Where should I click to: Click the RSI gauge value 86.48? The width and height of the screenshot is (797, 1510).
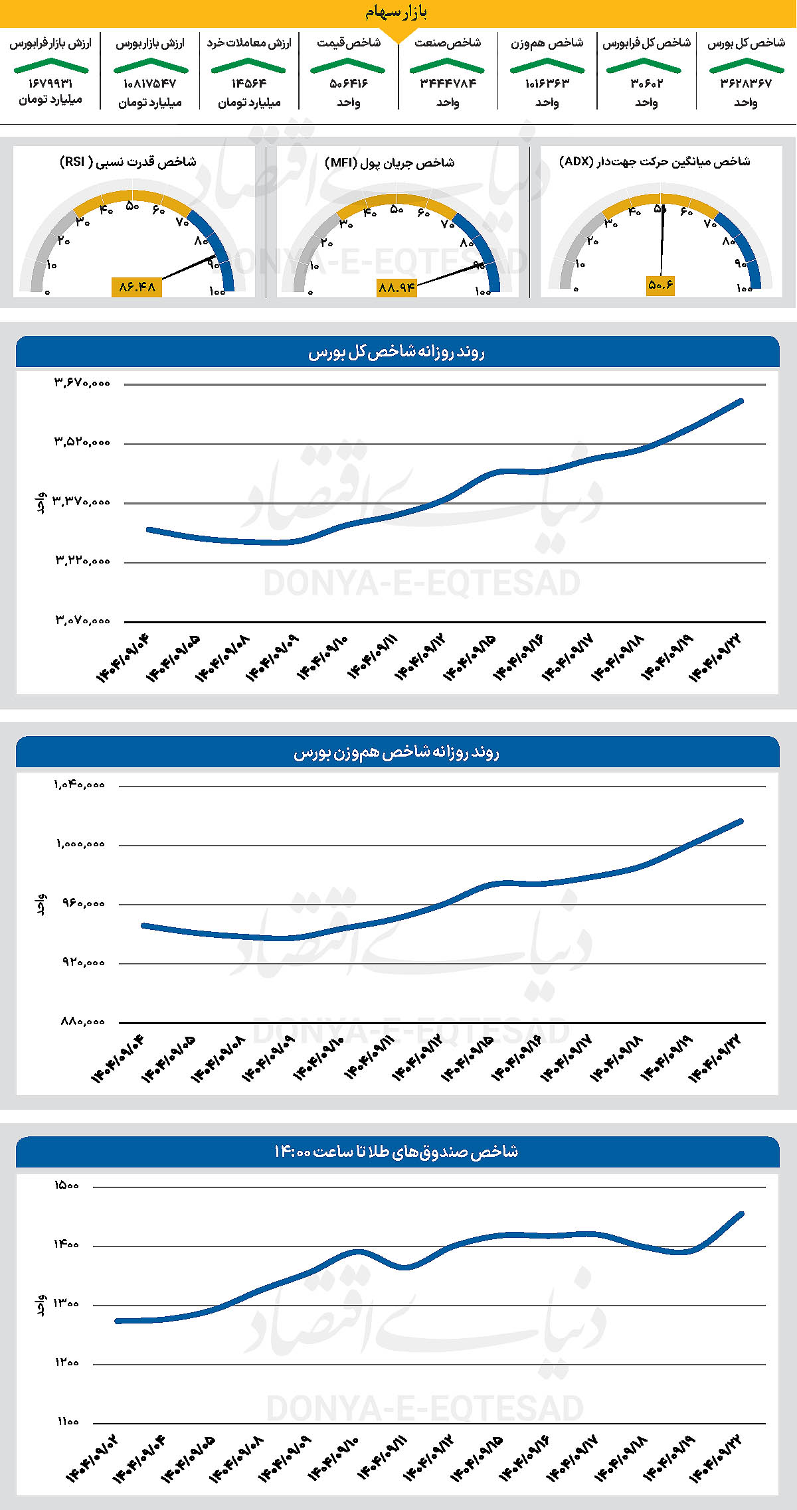(x=137, y=287)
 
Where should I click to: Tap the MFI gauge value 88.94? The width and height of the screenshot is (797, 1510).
(x=397, y=287)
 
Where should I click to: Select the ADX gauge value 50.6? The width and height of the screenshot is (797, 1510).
(x=660, y=285)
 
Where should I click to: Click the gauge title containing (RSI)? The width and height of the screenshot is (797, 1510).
(x=128, y=162)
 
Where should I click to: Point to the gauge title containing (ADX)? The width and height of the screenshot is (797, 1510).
(x=654, y=161)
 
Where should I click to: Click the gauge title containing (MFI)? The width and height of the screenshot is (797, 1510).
(x=390, y=163)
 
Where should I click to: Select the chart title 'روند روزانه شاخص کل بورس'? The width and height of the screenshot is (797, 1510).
(x=397, y=352)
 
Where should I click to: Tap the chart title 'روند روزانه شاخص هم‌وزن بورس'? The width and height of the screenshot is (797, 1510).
(x=397, y=753)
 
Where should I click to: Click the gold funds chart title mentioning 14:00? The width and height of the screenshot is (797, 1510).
(x=397, y=1152)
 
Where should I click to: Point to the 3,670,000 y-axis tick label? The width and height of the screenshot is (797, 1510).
(x=82, y=383)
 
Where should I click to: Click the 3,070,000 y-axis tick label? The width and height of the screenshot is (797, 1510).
(x=82, y=621)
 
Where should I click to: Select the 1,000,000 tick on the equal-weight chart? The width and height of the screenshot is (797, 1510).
(x=80, y=844)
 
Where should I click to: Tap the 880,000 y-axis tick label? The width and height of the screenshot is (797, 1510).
(x=83, y=1021)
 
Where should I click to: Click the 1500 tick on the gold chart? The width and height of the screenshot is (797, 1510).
(x=66, y=1185)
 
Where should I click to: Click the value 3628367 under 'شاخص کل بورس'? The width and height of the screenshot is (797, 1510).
(x=746, y=84)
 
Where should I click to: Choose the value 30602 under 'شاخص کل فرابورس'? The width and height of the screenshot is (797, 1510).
(x=646, y=84)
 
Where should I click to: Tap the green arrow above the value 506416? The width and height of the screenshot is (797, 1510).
(x=348, y=66)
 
